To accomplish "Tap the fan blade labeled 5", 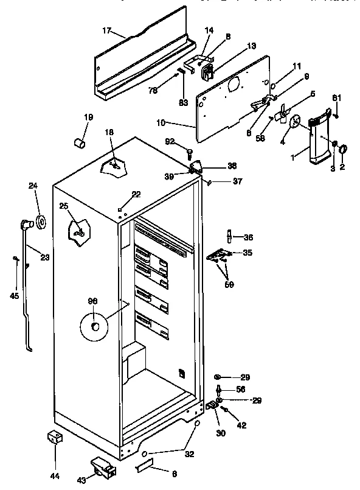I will tap(280, 114).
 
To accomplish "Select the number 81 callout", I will tap(336, 98).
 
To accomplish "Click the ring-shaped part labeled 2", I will tap(342, 149).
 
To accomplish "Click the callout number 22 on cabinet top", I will tap(136, 194).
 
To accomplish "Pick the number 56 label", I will tap(240, 390).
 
